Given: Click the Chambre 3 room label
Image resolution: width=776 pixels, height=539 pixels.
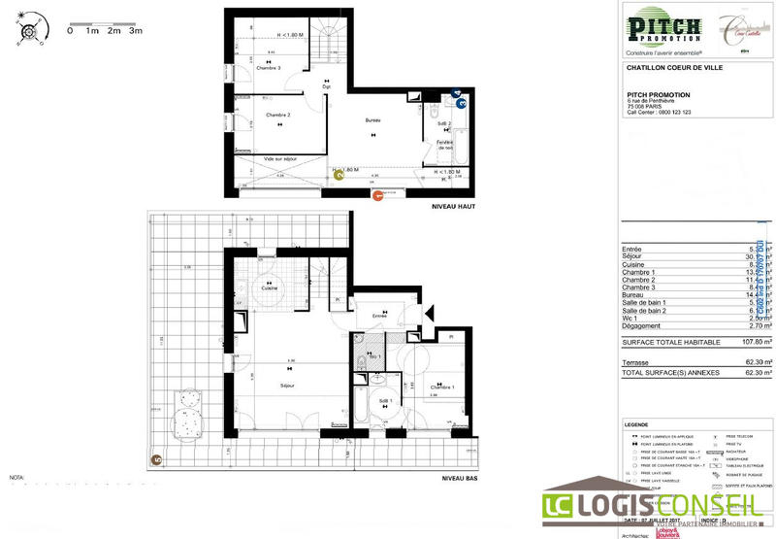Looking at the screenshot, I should [x=269, y=68].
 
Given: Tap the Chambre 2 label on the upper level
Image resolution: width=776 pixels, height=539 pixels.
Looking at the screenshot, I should [x=279, y=115].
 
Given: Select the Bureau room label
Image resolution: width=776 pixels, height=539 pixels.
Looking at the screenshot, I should [x=372, y=120].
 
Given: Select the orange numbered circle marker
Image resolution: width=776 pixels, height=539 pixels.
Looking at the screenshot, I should [x=378, y=195].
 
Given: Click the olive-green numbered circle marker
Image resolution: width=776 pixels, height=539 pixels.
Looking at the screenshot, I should [x=339, y=176].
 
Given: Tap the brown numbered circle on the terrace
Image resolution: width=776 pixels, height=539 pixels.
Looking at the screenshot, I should [x=155, y=460].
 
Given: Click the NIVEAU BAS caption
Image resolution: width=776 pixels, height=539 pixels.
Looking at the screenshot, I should [x=460, y=478].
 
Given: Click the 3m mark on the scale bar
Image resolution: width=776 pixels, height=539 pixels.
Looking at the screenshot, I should [x=135, y=30].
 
